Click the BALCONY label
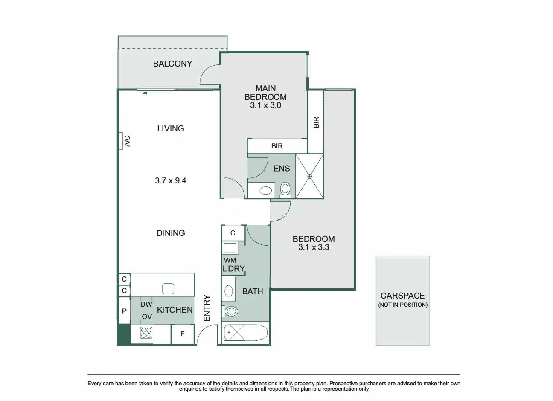pos(172,64)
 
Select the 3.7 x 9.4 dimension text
pos(170,180)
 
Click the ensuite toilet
pos(285,188)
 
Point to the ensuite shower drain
pos(310,176)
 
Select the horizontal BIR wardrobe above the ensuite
pos(277,146)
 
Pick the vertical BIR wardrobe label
pos(316,122)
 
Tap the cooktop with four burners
pos(146,333)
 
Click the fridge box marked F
pos(182,334)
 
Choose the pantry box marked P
pos(124,311)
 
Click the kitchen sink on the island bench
pos(168,289)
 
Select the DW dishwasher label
pos(146,304)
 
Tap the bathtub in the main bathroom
pos(245,332)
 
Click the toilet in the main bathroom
pos(231,311)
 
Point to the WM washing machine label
pos(230,260)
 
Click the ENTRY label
pos(207,308)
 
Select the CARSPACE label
pos(402,296)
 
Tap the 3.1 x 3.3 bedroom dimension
pos(314,247)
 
